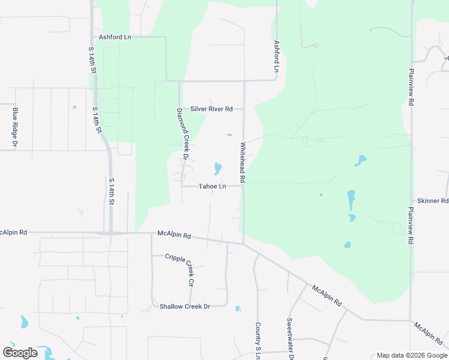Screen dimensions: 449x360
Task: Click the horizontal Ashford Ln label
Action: point(115,37)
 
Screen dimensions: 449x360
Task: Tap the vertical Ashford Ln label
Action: point(277,56)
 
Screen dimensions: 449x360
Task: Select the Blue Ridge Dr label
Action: point(15,127)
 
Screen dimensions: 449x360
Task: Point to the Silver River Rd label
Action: point(211,109)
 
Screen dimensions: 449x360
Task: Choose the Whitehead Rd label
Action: point(243,162)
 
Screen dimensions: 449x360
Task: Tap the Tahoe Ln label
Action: point(212,187)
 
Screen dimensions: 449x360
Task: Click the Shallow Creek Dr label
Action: point(185,307)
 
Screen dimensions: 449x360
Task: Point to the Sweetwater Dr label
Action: point(290,338)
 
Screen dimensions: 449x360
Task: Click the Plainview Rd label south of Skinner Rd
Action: point(411,225)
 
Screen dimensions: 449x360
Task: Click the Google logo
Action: point(20,353)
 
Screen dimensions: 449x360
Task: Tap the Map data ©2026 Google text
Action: point(411,355)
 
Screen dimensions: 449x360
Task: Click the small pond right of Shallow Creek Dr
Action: point(238,308)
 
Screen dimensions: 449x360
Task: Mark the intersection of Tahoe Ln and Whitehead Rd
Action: point(244,185)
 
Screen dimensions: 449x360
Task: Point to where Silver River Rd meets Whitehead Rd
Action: point(244,109)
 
